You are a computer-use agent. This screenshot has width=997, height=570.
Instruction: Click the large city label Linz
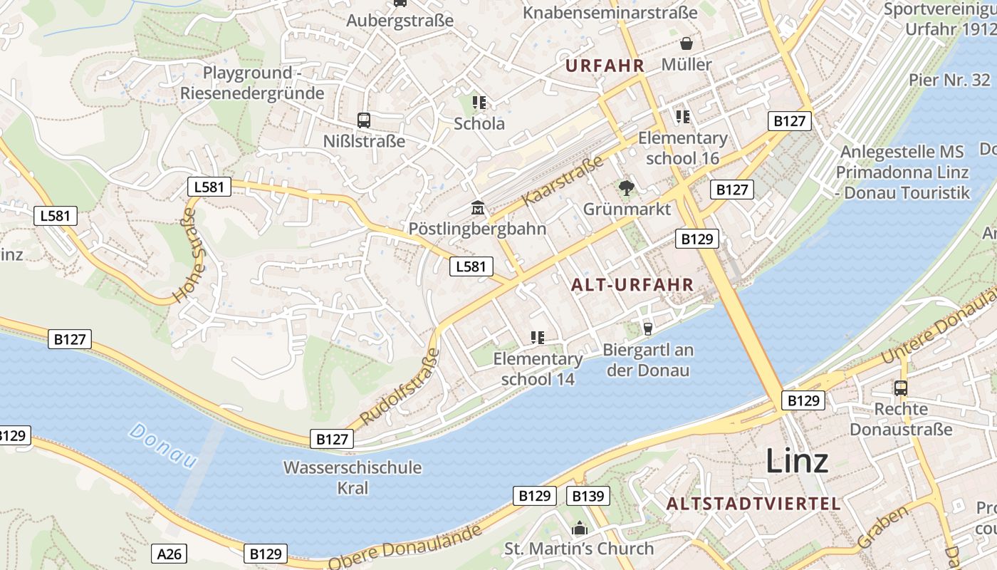pos(797,461)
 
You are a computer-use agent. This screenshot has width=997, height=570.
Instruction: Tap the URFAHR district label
pos(605,66)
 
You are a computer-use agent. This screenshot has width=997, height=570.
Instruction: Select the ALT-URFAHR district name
pos(632,285)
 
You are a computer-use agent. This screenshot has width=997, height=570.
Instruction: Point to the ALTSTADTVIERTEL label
pos(753,504)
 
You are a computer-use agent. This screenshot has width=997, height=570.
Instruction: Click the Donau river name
pos(164,445)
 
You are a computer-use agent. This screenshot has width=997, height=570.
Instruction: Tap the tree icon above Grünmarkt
pos(627,188)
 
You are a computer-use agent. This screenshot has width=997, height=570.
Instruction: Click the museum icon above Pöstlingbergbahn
pos(477,209)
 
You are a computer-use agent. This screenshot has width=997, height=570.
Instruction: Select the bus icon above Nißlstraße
pos(364,120)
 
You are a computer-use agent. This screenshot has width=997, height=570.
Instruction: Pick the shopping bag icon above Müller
pos(686,43)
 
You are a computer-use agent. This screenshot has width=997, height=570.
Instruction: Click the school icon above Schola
pos(479,103)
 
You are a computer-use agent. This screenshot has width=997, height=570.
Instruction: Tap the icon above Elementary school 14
pos(538,338)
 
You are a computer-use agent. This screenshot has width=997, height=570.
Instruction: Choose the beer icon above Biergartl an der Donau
pos(648,328)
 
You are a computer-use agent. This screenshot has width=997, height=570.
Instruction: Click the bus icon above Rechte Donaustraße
pos(901,388)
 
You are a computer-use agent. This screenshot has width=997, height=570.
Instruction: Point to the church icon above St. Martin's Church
pos(580,528)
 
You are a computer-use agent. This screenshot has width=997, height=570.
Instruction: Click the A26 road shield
pos(169,553)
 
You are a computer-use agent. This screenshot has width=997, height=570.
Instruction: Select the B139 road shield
pos(588,496)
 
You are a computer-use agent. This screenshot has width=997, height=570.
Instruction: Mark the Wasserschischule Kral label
pos(353,477)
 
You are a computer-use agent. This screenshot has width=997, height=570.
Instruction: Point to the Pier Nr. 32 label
pos(949,80)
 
